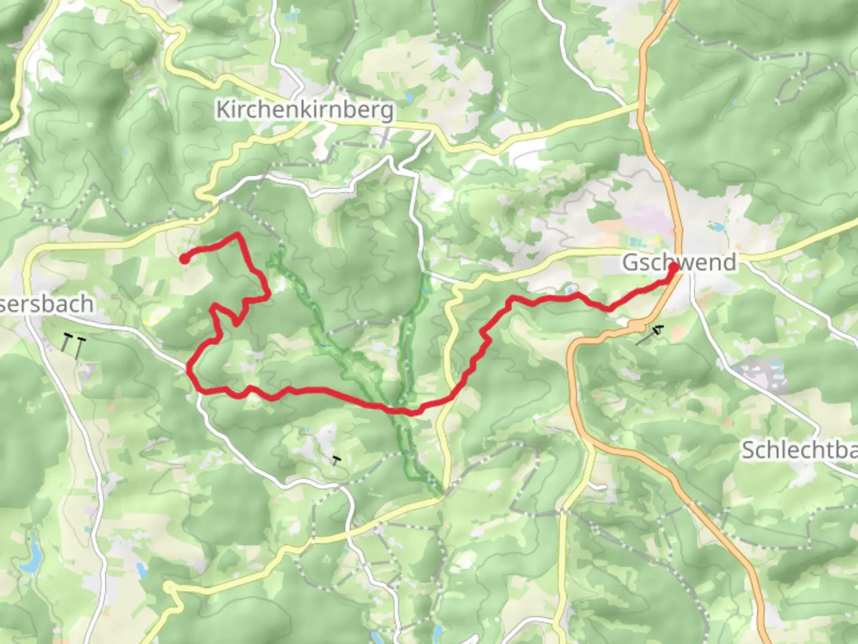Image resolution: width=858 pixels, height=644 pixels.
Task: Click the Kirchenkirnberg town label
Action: tap(304, 110)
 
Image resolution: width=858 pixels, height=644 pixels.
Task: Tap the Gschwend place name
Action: tap(679, 262)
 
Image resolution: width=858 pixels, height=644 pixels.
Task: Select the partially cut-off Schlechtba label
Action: tap(798, 450)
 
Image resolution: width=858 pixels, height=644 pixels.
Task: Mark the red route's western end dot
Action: tap(185, 259)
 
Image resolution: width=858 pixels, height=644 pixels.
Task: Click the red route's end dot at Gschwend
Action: tap(673, 268)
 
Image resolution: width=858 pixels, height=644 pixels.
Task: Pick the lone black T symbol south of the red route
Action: tap(337, 460)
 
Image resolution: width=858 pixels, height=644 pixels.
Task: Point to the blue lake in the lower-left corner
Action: tap(33, 556)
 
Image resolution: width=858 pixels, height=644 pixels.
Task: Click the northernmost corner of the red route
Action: tap(239, 234)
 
